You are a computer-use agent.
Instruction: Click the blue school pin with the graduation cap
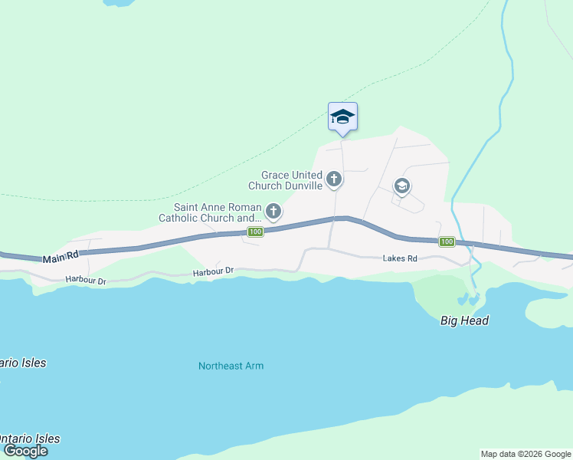[342, 117]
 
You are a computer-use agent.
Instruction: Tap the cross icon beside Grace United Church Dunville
[333, 179]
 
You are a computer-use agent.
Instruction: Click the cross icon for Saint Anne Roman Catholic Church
[273, 210]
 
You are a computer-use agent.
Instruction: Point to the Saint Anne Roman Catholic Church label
[218, 212]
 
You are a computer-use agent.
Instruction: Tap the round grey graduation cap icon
[401, 186]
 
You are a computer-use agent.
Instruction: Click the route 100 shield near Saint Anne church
[256, 232]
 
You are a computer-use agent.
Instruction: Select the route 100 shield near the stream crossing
[447, 242]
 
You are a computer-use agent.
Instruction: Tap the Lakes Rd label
[400, 259]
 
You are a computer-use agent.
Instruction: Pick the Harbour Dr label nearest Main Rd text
[86, 281]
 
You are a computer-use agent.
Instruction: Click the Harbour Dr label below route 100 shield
[212, 272]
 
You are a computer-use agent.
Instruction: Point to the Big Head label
[464, 320]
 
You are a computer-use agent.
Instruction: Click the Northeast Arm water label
[231, 366]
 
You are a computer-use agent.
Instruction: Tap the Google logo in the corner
[25, 451]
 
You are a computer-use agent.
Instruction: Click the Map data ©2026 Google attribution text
[526, 454]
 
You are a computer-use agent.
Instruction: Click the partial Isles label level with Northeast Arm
[22, 363]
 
